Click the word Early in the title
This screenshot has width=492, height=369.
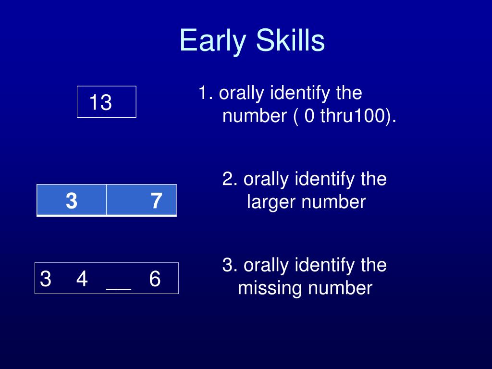[213, 41]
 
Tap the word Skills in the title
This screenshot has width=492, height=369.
[290, 40]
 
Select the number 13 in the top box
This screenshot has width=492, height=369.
[100, 102]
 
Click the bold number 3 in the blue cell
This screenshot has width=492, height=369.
[72, 201]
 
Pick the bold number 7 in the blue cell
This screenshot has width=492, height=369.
[156, 201]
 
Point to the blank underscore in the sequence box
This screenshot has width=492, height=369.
[119, 289]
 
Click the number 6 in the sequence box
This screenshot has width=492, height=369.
[155, 279]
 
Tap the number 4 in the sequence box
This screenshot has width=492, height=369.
[82, 279]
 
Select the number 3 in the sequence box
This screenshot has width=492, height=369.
[46, 279]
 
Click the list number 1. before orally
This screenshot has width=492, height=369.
[206, 93]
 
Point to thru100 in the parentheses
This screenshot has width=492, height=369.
[353, 115]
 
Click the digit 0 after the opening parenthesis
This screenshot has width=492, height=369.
[309, 116]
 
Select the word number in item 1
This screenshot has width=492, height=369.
[254, 116]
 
